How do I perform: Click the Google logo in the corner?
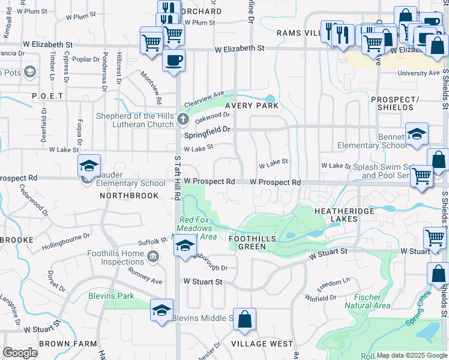(x=20, y=353)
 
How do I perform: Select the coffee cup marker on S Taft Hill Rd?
(x=173, y=61)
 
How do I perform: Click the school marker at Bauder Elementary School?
(x=89, y=167)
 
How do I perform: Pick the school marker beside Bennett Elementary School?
(x=417, y=135)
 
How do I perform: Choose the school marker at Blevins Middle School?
(x=161, y=311)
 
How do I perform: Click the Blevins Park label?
(x=111, y=296)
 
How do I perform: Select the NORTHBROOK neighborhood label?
(x=129, y=196)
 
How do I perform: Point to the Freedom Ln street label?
(x=333, y=282)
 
